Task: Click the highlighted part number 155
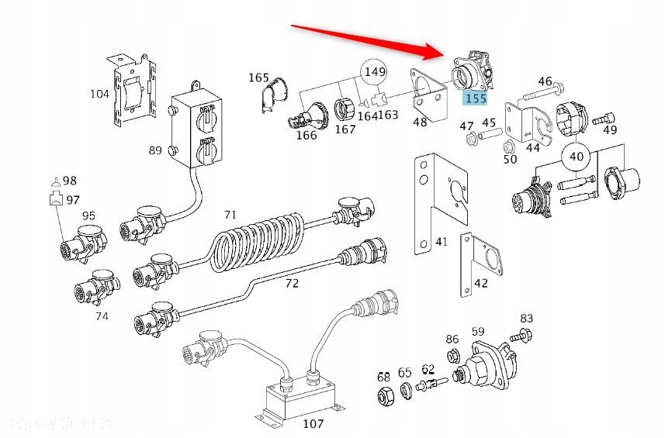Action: point(474,98)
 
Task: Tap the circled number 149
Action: point(375,73)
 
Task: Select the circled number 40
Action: point(576,155)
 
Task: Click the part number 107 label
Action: point(313,424)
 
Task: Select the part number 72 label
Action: point(291,284)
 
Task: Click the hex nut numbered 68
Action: point(383,398)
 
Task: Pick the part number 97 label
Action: point(73,199)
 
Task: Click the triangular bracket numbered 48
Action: point(428,94)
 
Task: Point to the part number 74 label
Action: point(102,316)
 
